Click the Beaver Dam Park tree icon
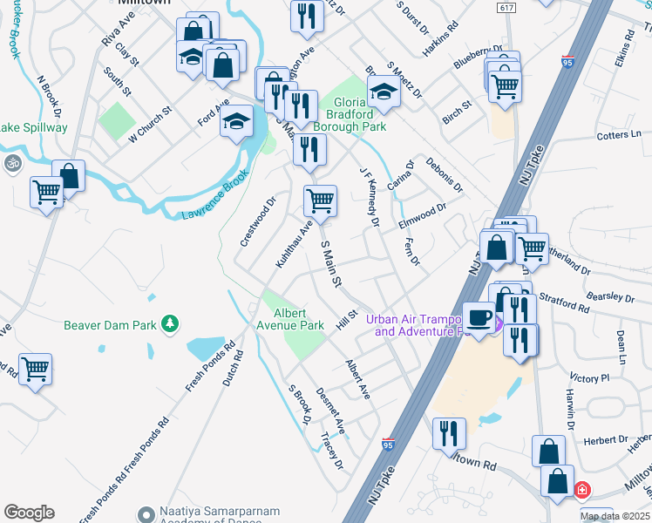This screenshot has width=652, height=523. [171, 325]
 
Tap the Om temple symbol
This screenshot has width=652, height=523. [12, 163]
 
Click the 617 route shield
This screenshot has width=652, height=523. [507, 7]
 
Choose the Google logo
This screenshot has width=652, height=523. [29, 513]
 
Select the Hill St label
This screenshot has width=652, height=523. [347, 320]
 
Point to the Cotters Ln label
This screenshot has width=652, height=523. [619, 135]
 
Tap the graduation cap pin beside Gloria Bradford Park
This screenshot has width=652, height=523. [382, 92]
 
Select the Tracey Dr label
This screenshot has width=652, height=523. [332, 452]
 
